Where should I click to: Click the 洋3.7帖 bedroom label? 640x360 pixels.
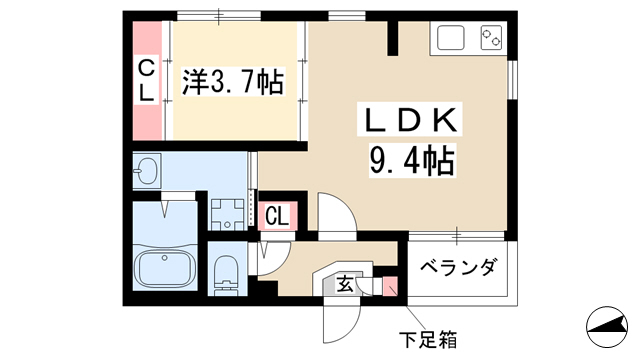click(x=233, y=82)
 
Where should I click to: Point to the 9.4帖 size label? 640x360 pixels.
click(x=412, y=160)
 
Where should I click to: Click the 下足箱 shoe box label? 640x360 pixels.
click(x=428, y=339)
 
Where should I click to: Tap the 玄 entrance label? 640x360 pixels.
click(x=345, y=284)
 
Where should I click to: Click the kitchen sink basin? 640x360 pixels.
click(x=451, y=38)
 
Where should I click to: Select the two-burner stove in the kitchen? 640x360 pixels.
click(x=491, y=38)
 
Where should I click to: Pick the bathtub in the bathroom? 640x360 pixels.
click(x=164, y=269)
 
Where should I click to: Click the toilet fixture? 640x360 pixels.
click(x=226, y=274)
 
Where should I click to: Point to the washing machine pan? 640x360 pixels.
click(x=228, y=214)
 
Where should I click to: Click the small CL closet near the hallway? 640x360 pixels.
click(x=277, y=216)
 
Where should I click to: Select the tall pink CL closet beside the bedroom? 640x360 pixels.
click(x=147, y=81)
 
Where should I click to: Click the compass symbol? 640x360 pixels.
click(x=607, y=327)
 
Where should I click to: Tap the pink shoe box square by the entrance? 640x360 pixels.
click(x=390, y=286)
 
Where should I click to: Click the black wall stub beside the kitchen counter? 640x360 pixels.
click(x=393, y=37)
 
